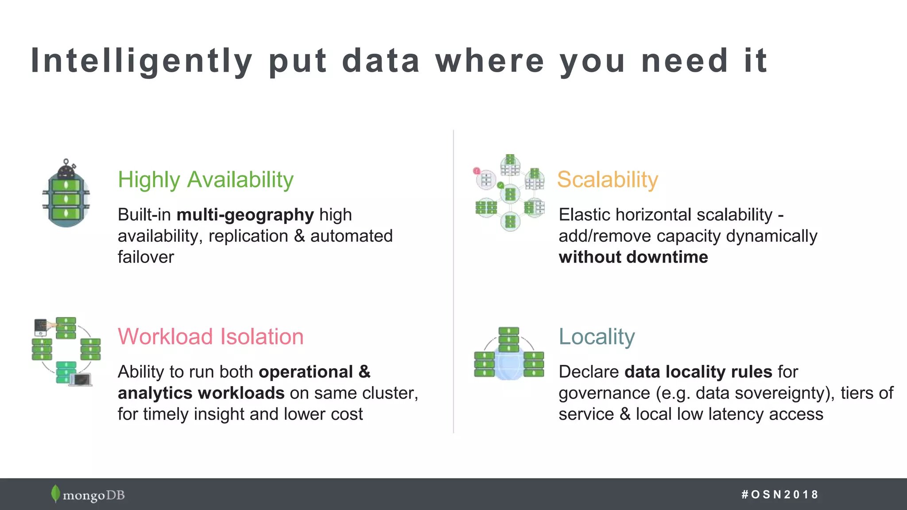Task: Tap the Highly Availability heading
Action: click(205, 180)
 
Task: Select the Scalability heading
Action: click(608, 180)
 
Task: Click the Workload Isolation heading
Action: click(211, 336)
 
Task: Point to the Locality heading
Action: click(597, 336)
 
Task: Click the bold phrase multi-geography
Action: click(245, 215)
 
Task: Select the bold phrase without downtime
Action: click(633, 257)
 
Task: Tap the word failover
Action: click(146, 257)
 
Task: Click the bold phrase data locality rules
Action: click(698, 372)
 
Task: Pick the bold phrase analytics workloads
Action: click(201, 393)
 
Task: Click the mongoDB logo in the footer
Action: click(88, 495)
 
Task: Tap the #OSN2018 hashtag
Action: click(779, 495)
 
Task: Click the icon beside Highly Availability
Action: click(66, 194)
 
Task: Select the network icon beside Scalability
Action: click(510, 193)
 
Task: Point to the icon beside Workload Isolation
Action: click(66, 351)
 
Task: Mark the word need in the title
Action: click(685, 61)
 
